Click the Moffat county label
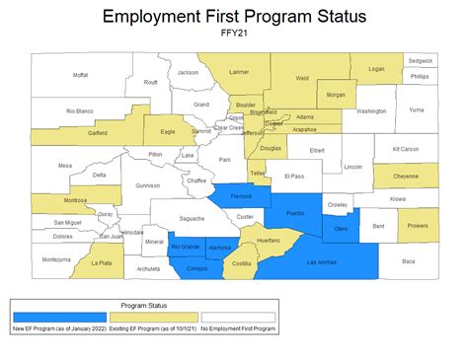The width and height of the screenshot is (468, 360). [80, 75]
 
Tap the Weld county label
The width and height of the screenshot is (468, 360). [302, 78]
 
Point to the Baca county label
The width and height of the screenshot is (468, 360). [408, 260]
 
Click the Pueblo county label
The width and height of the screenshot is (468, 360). [295, 213]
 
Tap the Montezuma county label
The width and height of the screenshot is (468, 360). [56, 259]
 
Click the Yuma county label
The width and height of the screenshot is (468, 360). [416, 109]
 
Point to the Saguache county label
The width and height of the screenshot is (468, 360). [192, 218]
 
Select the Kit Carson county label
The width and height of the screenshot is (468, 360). [406, 149]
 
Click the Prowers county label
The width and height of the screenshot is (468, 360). [418, 225]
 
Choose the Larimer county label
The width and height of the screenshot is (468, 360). [238, 72]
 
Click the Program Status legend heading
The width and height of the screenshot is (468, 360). [144, 306]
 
